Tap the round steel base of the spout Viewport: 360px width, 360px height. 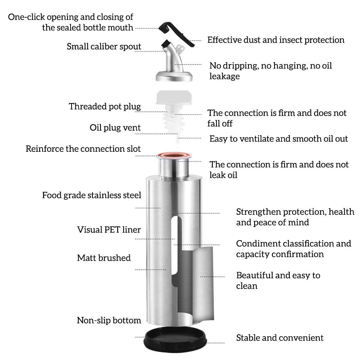[174, 75]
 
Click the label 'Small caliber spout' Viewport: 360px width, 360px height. [104, 47]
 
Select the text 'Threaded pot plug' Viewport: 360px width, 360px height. [105, 107]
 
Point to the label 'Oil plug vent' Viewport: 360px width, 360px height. [115, 128]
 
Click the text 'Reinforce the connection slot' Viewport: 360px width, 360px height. [83, 149]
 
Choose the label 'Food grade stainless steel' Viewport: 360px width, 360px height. [91, 195]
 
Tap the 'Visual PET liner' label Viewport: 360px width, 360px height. [109, 230]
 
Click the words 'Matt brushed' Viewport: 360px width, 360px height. [104, 258]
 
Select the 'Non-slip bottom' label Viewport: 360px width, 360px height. [109, 320]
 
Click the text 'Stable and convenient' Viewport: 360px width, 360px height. [280, 338]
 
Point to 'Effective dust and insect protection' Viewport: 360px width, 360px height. [276, 40]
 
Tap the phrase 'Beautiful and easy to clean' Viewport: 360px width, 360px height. [278, 280]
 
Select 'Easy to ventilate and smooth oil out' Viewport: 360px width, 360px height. [278, 139]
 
